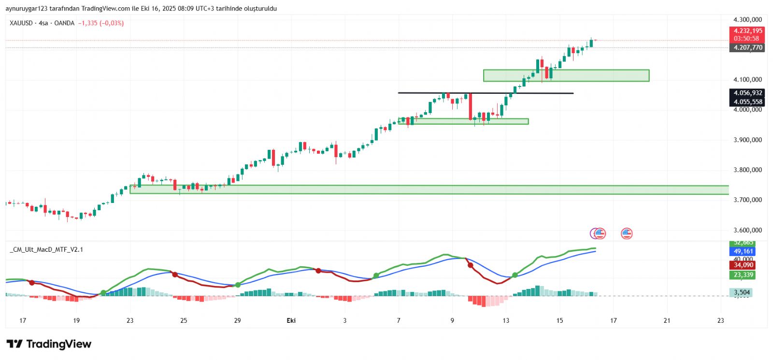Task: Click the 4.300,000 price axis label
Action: [x=747, y=20]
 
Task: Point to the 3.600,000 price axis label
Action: [x=747, y=230]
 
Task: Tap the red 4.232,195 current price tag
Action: [x=746, y=31]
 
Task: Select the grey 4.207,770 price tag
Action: [x=747, y=47]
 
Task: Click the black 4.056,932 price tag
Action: [x=747, y=93]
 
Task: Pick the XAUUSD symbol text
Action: [x=21, y=23]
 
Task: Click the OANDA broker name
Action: [x=64, y=23]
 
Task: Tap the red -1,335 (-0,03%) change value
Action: [x=101, y=23]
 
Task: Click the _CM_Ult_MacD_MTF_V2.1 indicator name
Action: [x=46, y=249]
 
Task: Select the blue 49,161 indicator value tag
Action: [x=743, y=251]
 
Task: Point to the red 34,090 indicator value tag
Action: [x=743, y=265]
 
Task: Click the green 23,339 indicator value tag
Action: [x=743, y=275]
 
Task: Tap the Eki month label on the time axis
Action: [x=291, y=320]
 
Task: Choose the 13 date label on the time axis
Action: [x=506, y=320]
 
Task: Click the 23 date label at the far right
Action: [x=720, y=320]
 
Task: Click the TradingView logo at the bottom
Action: [x=49, y=344]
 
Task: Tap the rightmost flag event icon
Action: [x=627, y=233]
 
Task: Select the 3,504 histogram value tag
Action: [x=742, y=292]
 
